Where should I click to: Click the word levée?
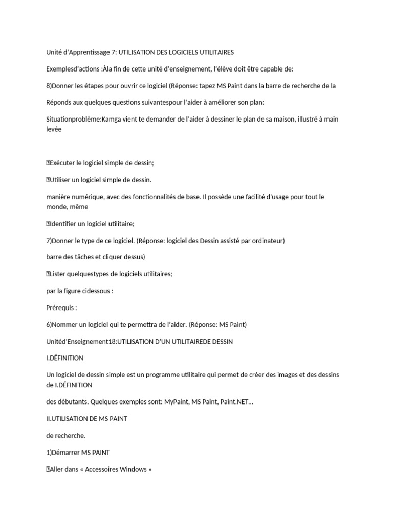pos(54,129)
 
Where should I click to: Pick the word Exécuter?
pos(66,163)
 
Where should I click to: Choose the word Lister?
pos(58,274)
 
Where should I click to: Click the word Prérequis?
pos(61,307)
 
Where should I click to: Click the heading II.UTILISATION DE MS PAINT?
pos(86,419)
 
